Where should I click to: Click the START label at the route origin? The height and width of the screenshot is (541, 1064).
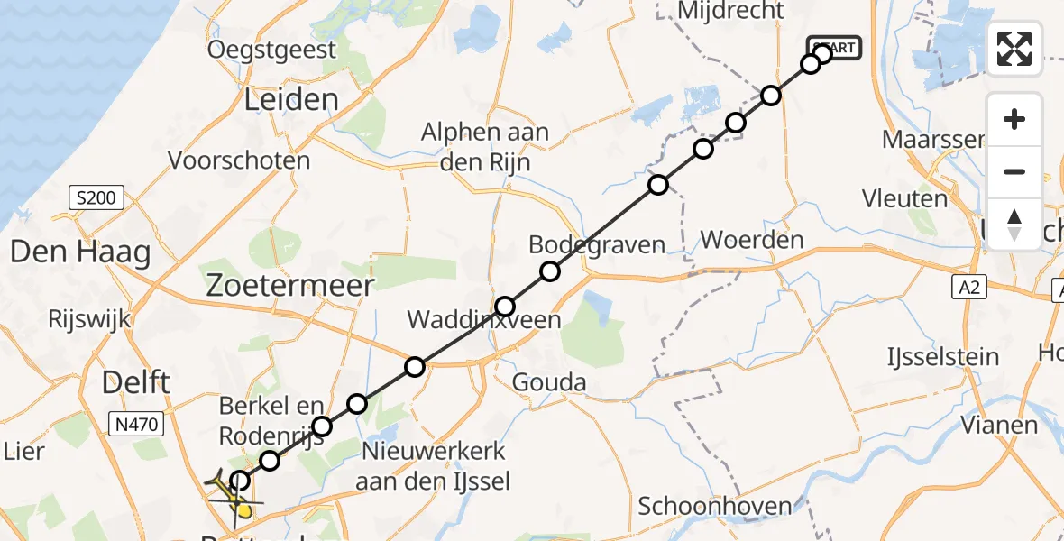[835, 48]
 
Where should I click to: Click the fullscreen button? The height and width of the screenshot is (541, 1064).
[1014, 49]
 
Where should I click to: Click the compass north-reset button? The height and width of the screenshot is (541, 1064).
[1014, 224]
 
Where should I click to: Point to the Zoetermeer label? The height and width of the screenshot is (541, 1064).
[289, 287]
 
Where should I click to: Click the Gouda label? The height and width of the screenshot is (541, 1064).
[548, 382]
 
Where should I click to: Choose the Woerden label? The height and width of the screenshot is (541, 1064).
[751, 240]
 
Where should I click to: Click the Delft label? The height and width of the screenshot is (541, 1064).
[136, 381]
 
